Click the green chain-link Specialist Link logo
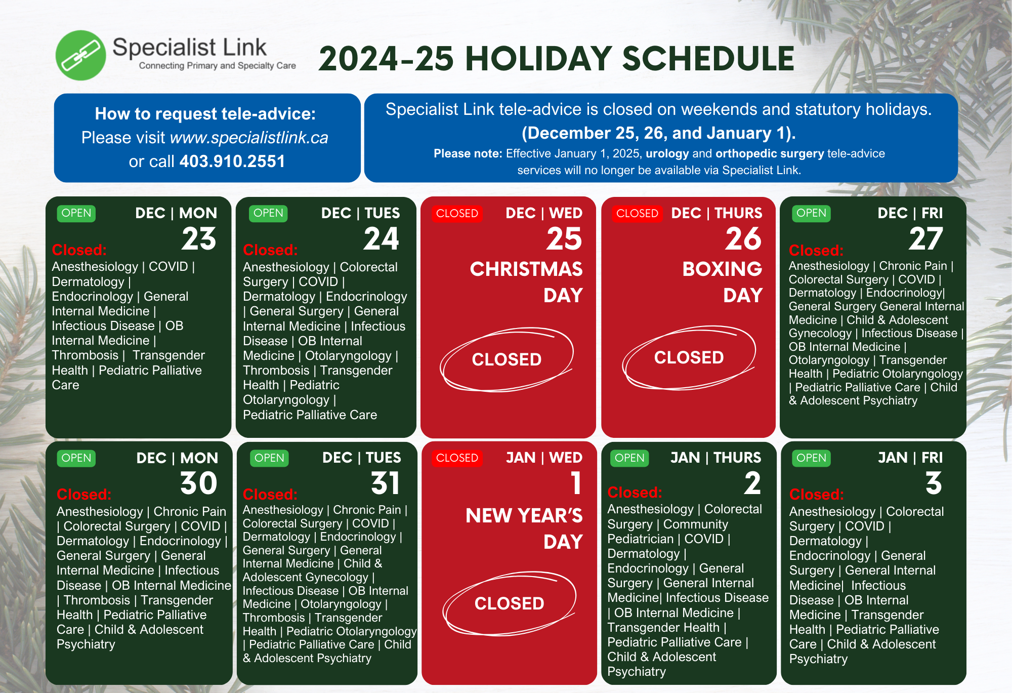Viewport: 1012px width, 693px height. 81,55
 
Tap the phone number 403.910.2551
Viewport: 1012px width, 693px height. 232,161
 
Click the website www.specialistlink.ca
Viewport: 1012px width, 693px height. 249,138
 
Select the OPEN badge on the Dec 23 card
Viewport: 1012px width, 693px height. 76,213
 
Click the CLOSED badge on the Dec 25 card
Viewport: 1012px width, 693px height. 457,213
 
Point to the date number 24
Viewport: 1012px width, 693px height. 382,238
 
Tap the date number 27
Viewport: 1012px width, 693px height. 926,238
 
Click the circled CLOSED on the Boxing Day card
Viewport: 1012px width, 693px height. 689,357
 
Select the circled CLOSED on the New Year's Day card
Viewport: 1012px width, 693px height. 509,603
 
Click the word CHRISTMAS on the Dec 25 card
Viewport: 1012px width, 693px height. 526,269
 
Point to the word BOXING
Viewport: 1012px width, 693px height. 722,269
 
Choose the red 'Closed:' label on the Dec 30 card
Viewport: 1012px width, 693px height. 84,495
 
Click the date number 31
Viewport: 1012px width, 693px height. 386,483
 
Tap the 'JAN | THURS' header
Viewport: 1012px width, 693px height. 715,458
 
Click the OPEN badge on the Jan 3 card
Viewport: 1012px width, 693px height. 811,458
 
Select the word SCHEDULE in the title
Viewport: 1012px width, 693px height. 708,59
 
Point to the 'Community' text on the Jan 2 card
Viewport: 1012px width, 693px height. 696,524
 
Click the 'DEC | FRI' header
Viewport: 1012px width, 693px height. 910,213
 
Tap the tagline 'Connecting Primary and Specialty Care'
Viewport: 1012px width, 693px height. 218,66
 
